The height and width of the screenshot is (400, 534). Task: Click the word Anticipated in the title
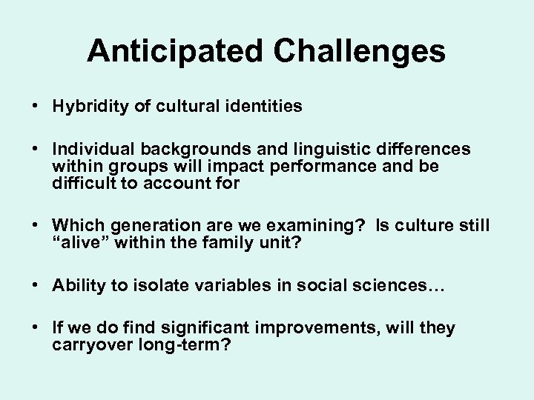pos(178,52)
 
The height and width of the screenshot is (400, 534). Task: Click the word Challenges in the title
pos(360,52)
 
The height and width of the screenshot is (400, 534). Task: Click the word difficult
pos(82,183)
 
